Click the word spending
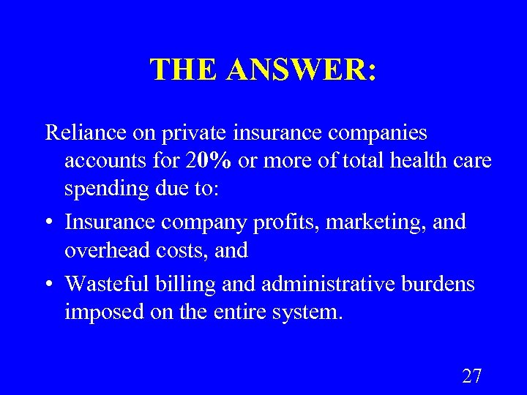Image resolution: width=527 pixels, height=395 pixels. point(102,189)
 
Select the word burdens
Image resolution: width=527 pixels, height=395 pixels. point(442,283)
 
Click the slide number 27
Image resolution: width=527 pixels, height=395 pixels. point(472,377)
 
